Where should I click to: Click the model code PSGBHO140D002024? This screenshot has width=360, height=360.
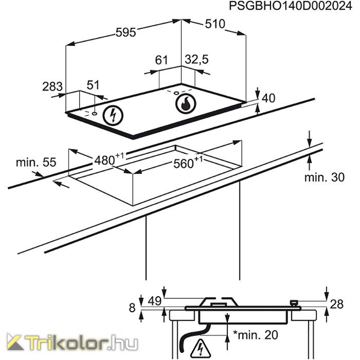pos(291,6)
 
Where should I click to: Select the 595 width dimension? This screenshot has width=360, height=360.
pos(126,32)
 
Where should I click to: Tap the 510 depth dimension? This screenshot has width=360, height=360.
pos(215,24)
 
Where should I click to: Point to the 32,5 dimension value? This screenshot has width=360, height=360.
pos(197,59)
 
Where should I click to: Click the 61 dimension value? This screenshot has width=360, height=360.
pos(161,60)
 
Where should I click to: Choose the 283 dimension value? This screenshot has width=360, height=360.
pos(52,86)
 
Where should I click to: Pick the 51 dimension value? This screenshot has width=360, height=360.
pos(93,85)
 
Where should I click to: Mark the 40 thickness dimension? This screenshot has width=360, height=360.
pos(268,98)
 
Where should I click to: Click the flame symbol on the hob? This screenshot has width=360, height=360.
pos(186,103)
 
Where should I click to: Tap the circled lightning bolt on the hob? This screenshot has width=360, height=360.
pos(113,116)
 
